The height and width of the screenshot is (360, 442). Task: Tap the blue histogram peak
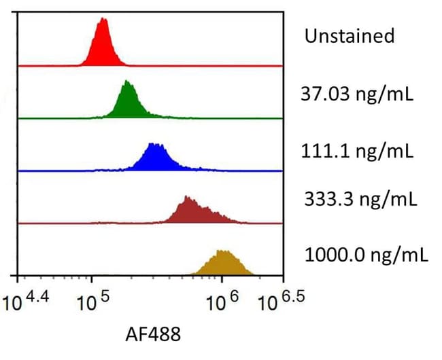point(154,159)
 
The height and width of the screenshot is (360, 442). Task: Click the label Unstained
point(350,36)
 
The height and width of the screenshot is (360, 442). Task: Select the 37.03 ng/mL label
point(357,94)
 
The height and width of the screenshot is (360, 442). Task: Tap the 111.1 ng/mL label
point(357,151)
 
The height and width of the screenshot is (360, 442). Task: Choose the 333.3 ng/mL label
point(360,199)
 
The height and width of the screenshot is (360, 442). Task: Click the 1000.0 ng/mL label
point(367,255)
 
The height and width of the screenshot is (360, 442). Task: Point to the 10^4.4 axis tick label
point(26,300)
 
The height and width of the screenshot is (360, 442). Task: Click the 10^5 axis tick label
point(93,300)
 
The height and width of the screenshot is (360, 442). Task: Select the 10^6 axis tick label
point(222,300)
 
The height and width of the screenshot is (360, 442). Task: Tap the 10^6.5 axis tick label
point(282,300)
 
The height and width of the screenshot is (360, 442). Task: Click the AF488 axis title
point(153,334)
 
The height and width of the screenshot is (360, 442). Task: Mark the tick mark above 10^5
point(91,279)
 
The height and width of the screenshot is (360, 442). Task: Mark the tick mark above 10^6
point(222,279)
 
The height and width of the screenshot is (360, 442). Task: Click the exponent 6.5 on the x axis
point(293,297)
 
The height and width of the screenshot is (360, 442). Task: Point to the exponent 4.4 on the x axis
point(38,297)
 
